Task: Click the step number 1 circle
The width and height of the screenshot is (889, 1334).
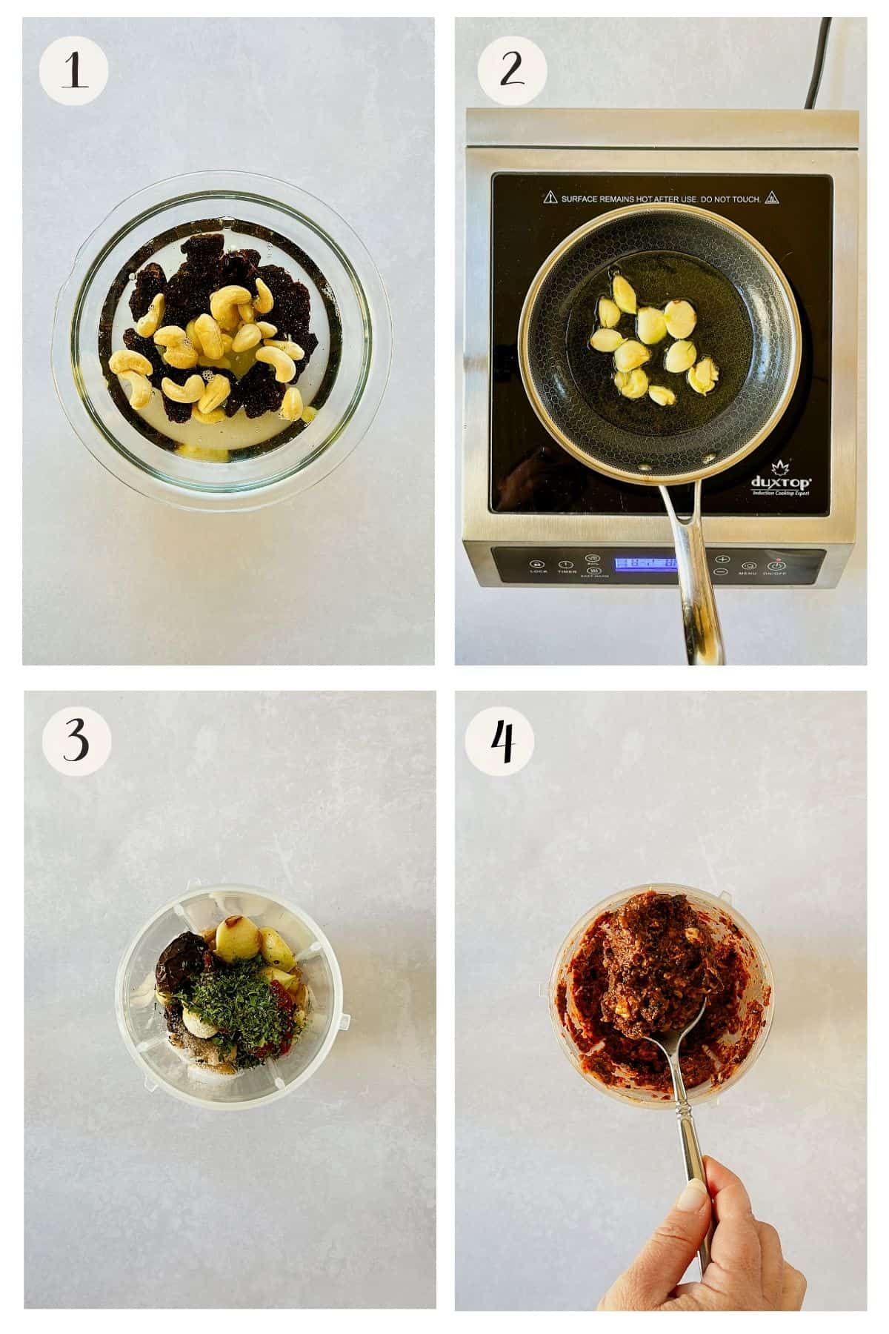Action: (73, 72)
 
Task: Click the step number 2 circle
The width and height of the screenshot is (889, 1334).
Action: (512, 72)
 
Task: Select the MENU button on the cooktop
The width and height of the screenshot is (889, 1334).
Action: (748, 565)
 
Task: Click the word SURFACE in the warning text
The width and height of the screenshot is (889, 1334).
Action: (583, 199)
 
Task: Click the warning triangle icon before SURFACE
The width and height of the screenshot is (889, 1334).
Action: (550, 198)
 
